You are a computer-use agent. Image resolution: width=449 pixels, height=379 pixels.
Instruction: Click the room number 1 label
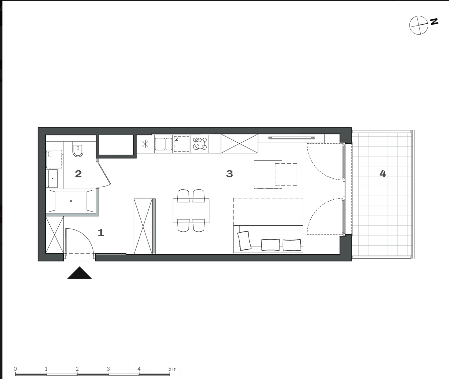(101, 233)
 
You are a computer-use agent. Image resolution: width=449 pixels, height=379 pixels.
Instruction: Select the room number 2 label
(78, 174)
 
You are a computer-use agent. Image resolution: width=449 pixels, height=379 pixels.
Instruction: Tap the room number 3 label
(230, 174)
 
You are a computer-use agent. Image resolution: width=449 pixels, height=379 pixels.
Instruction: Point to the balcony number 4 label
(383, 174)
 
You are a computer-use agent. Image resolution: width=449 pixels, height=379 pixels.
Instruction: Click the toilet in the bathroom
(78, 149)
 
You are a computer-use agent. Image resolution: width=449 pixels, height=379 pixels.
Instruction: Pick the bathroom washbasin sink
(53, 178)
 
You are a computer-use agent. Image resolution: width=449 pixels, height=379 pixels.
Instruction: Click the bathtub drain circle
(71, 201)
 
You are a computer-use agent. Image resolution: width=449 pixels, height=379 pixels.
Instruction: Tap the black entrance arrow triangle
(79, 273)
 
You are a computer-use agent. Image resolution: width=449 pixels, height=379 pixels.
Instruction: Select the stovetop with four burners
(200, 144)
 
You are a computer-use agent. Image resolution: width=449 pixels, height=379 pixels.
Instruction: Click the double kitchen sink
(163, 144)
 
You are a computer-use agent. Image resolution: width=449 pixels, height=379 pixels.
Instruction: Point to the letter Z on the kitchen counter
(177, 139)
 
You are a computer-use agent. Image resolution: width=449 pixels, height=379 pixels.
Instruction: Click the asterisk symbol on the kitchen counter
(145, 144)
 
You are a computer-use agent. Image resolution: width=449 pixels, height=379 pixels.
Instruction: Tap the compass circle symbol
(418, 25)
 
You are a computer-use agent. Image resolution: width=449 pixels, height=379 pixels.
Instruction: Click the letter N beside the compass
(434, 22)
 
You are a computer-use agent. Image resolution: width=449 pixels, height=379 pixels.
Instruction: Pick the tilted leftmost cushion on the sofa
(244, 241)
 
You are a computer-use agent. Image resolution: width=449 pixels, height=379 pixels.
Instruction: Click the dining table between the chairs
(191, 211)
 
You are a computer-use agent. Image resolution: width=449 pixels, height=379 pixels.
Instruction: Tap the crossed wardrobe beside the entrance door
(55, 235)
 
